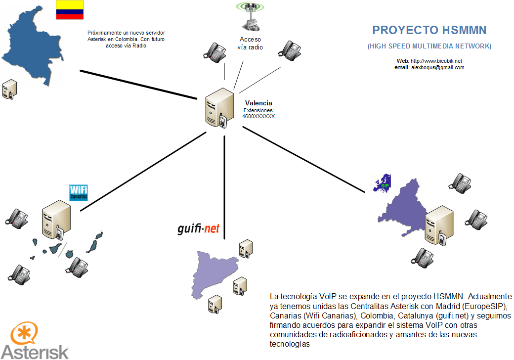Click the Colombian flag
[x=69, y=10]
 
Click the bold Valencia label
[x=258, y=103]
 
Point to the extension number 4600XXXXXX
[x=258, y=116]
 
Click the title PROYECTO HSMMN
[x=429, y=30]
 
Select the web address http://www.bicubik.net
[x=436, y=61]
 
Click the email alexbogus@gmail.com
[x=437, y=67]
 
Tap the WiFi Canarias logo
[x=78, y=192]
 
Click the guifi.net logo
[x=198, y=228]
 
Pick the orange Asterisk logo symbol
[x=23, y=335]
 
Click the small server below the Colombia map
[x=9, y=89]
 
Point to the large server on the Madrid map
[x=438, y=225]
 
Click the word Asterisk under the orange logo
[x=35, y=351]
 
